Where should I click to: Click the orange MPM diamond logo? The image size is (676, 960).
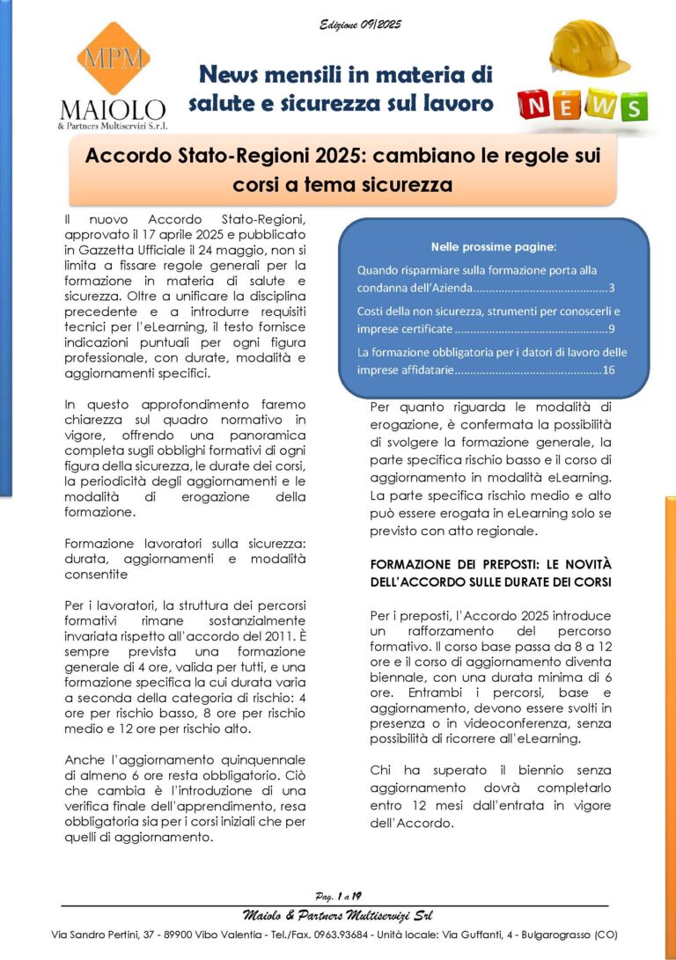tap(112, 59)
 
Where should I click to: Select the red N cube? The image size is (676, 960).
tap(535, 106)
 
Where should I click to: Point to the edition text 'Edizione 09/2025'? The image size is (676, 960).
tap(360, 25)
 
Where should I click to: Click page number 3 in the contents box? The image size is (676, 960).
tap(612, 288)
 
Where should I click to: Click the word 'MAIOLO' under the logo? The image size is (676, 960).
tap(113, 110)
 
